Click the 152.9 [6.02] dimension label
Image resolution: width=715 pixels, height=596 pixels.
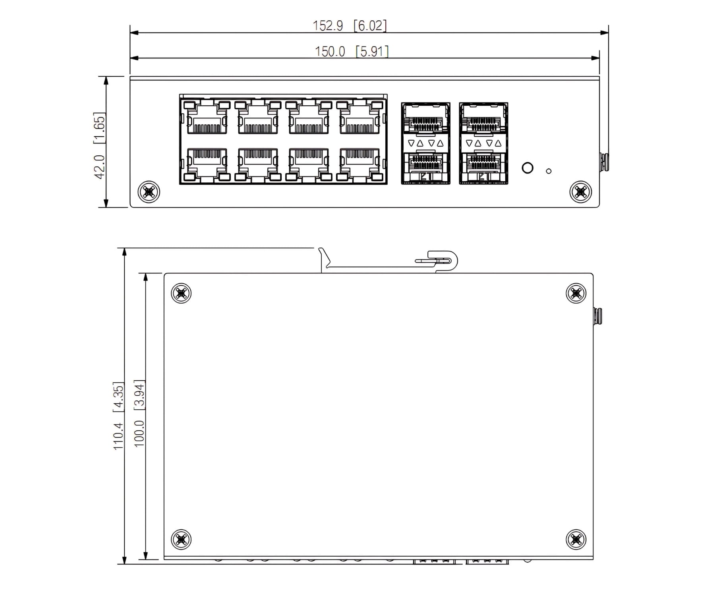349,26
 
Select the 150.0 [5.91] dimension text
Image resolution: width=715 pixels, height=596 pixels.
351,52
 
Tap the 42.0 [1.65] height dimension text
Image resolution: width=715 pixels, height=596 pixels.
99,145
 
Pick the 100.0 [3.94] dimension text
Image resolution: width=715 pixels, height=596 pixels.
139,413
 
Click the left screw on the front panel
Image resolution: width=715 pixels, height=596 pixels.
149,192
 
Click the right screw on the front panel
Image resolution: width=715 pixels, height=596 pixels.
580,192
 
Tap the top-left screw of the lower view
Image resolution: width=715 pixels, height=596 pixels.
181,294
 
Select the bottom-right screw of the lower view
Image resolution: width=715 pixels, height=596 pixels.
576,539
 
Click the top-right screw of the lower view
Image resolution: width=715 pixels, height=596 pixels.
576,294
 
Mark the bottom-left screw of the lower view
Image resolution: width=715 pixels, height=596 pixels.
181,539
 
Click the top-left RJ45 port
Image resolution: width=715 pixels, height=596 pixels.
207,118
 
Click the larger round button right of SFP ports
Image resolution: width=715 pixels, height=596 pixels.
527,168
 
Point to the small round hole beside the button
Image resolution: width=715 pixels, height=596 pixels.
549,171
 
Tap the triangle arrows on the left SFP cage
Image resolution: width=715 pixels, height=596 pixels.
425,143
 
